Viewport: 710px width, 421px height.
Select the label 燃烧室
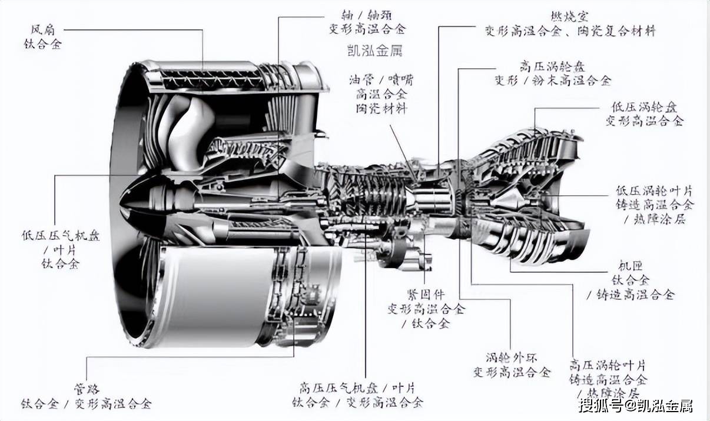click(x=570, y=16)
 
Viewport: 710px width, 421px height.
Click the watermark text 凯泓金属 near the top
click(x=374, y=51)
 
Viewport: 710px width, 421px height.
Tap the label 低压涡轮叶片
click(x=654, y=191)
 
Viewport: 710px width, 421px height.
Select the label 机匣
click(x=631, y=266)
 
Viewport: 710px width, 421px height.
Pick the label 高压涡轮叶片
click(x=608, y=365)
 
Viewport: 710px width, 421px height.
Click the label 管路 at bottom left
click(x=87, y=389)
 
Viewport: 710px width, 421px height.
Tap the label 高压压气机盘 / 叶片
click(x=357, y=388)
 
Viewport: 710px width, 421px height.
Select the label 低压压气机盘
click(x=61, y=236)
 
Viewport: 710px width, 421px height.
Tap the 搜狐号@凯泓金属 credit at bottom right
click(x=635, y=406)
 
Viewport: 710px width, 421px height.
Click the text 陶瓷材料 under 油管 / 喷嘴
click(x=381, y=108)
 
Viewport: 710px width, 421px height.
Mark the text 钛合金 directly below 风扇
click(x=42, y=43)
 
